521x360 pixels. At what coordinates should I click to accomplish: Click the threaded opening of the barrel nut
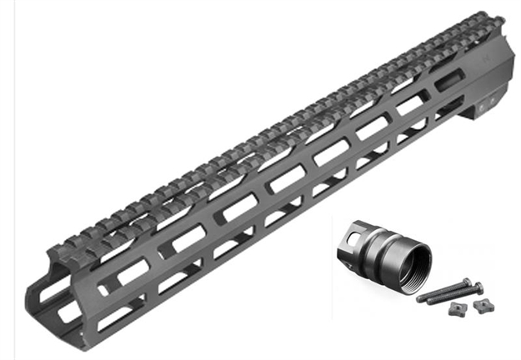click(x=411, y=261)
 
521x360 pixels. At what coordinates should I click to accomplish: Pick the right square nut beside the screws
click(x=482, y=305)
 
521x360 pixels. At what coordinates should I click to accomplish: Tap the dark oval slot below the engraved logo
click(x=448, y=81)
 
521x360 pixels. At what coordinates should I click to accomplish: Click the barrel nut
click(x=384, y=250)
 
